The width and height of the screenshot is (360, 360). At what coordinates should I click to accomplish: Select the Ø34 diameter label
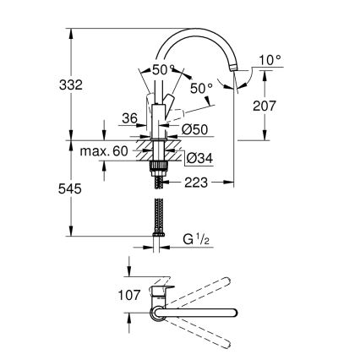pyautogui.click(x=197, y=158)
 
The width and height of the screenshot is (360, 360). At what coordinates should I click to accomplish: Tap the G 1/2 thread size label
pyautogui.click(x=196, y=241)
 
